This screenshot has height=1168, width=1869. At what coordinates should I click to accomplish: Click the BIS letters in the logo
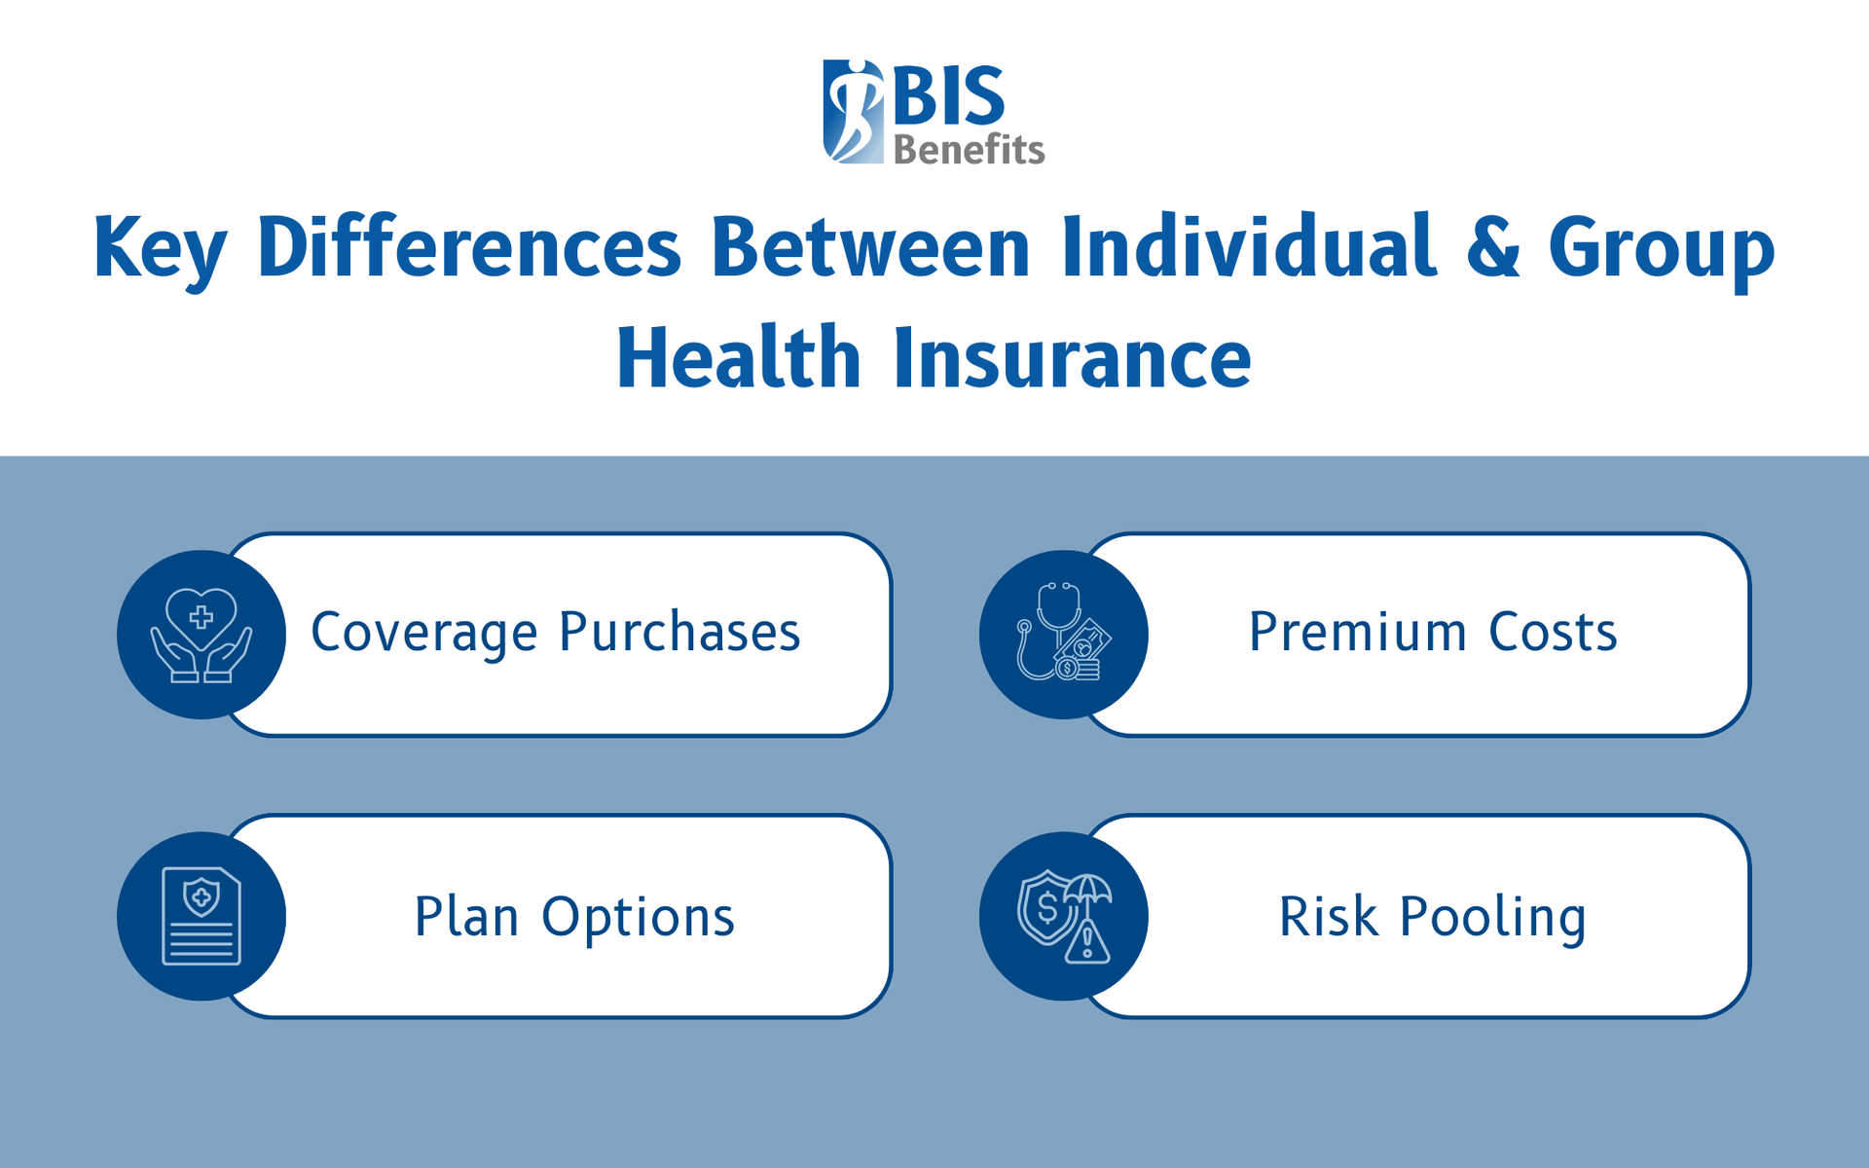coord(949,95)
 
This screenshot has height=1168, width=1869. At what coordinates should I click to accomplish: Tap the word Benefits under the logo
coord(969,150)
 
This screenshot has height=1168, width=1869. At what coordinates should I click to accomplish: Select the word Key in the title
coord(160,249)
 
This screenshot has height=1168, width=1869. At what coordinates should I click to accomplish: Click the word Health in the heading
coord(739,358)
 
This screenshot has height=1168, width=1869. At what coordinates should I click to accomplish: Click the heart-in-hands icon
coord(202,635)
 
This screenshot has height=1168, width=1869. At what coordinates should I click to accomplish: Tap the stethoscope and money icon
coord(1063,635)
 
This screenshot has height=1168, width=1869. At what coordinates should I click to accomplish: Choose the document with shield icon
coord(202,916)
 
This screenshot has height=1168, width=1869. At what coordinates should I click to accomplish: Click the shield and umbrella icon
coord(1063,916)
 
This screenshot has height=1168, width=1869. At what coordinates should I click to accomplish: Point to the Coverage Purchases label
coord(555,633)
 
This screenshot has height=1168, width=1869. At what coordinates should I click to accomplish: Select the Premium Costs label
coord(1432,633)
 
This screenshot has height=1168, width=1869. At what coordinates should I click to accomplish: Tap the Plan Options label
coord(574,917)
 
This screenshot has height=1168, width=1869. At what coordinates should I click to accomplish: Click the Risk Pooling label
coord(1432,917)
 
